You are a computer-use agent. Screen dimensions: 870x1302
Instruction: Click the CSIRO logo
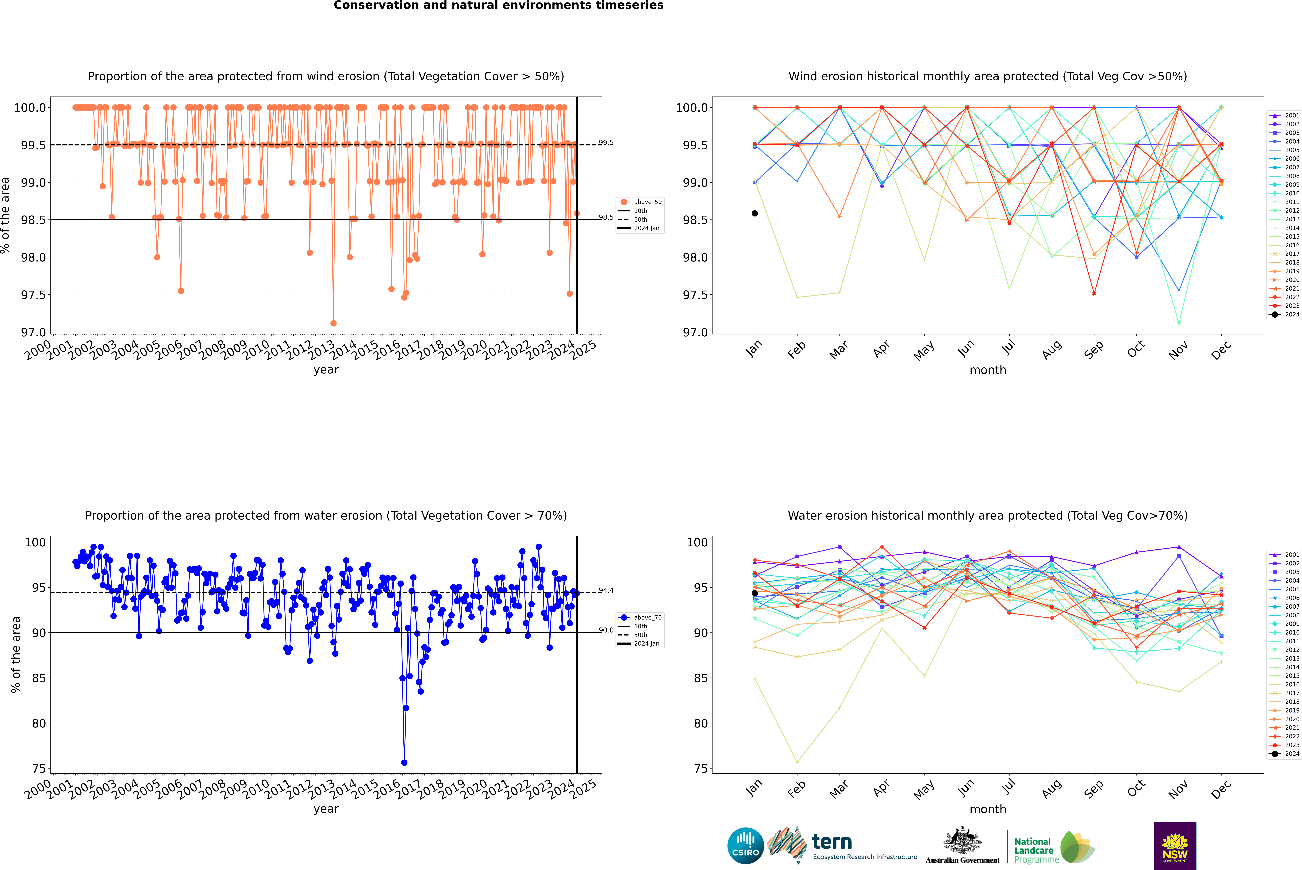745,846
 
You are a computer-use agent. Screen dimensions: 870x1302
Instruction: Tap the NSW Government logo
1175,846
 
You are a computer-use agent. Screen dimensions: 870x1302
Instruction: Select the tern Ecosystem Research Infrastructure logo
842,846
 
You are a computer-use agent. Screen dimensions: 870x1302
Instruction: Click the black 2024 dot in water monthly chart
755,593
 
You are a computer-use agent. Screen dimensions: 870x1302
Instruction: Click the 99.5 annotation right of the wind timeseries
606,143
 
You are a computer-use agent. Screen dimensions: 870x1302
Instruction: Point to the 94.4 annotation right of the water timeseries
606,590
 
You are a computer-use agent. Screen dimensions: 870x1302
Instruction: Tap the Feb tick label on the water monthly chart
796,789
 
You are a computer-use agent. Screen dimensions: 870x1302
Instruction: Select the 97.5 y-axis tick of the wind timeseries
33,295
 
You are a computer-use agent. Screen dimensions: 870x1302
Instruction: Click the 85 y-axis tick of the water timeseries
39,678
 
